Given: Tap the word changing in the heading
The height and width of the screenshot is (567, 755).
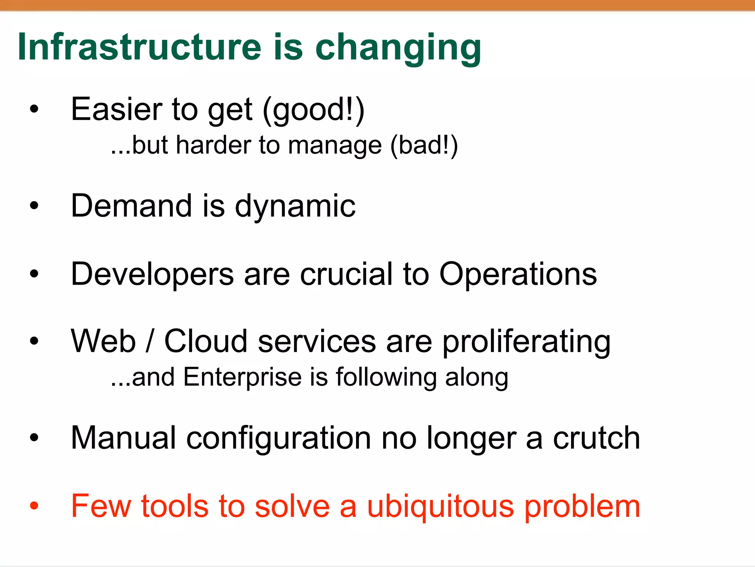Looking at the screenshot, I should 398,48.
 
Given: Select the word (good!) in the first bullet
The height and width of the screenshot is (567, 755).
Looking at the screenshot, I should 314,110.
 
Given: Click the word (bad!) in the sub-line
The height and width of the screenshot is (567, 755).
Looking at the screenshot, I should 424,145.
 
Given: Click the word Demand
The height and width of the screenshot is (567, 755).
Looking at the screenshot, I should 132,206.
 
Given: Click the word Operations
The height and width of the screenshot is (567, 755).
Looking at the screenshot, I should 518,275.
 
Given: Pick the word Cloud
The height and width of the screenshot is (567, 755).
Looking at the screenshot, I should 206,341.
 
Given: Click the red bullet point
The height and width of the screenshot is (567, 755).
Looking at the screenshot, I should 34,505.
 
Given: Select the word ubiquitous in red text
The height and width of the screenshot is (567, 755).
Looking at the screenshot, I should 441,506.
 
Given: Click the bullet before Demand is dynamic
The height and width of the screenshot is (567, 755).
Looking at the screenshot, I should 34,206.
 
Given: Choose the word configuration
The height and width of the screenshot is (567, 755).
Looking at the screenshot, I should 279,439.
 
